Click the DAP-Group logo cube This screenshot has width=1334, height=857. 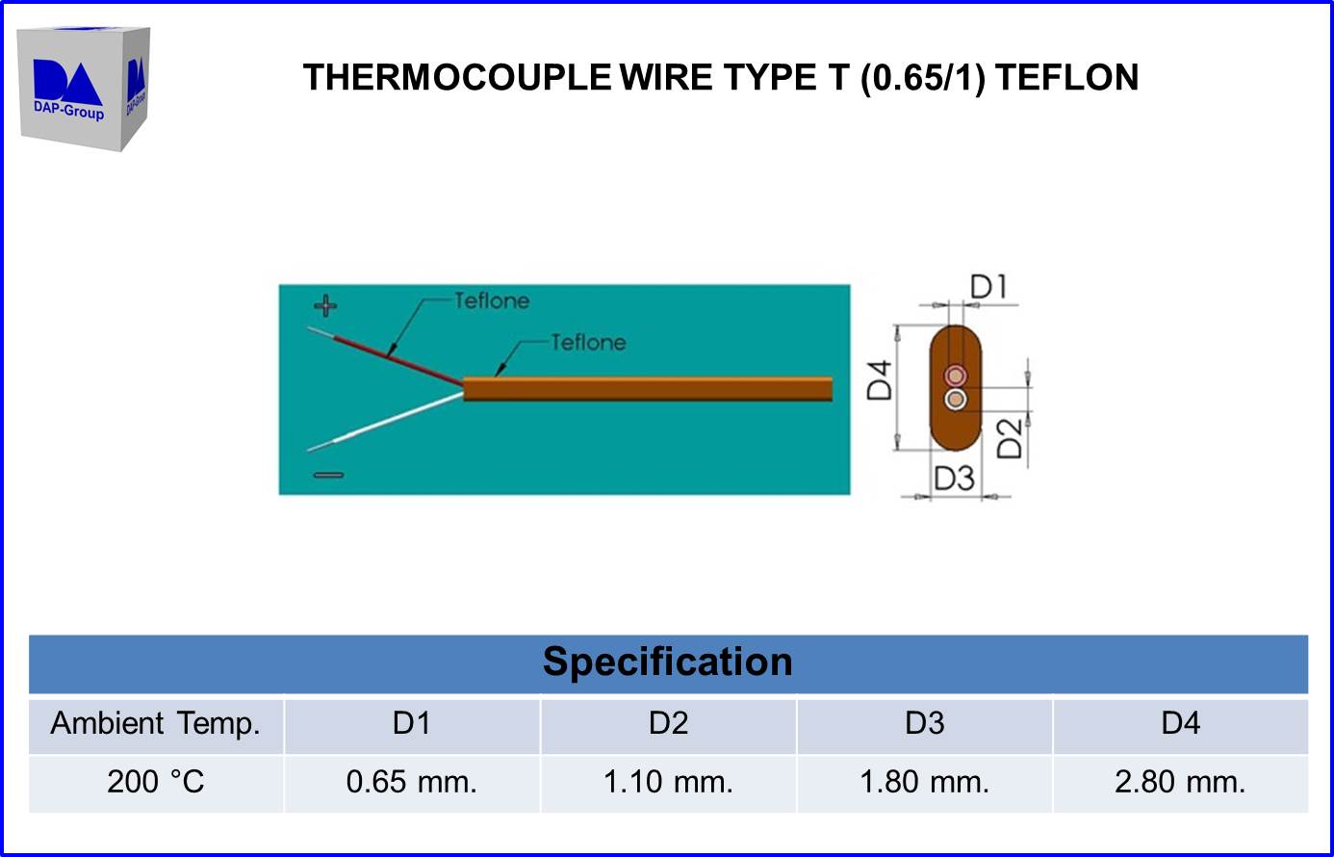84,89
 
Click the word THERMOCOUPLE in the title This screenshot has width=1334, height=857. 456,77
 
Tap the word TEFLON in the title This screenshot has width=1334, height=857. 1066,77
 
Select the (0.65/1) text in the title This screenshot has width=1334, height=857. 922,77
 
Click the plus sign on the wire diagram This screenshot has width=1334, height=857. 326,307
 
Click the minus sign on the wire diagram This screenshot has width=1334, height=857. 328,475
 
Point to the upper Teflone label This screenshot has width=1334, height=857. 491,301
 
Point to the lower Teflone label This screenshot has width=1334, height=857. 588,342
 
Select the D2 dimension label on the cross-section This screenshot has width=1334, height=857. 1008,439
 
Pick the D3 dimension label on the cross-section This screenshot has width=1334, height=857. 954,478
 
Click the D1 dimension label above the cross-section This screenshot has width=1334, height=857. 988,287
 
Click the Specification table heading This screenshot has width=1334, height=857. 667,662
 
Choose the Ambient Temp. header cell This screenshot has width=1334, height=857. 156,724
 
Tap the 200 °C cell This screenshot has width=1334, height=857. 156,782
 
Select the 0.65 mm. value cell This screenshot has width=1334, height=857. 412,782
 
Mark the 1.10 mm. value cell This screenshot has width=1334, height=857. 668,782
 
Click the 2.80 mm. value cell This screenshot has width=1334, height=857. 1180,782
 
